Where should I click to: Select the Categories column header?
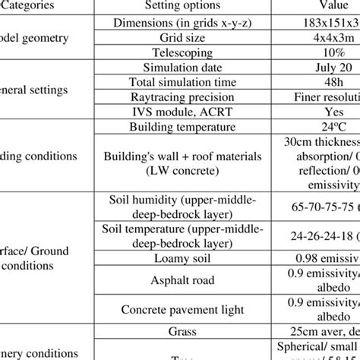tap(38, 5)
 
